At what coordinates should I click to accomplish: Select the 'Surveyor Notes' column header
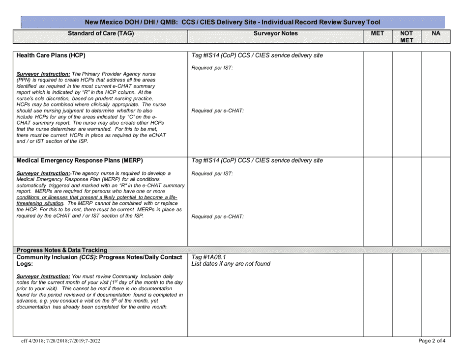[276, 33]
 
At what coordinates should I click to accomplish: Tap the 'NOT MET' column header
[406, 37]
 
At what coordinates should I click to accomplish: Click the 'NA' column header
[436, 33]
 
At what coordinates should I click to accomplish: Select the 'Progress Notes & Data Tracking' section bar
[62, 250]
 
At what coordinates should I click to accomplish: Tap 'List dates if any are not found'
[231, 264]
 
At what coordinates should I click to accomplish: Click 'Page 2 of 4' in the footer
[432, 340]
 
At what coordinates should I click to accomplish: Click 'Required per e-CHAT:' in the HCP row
[217, 111]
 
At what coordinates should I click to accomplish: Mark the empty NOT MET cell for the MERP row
[407, 201]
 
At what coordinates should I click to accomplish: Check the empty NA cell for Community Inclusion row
[436, 294]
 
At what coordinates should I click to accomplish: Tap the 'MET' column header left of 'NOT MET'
[378, 33]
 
